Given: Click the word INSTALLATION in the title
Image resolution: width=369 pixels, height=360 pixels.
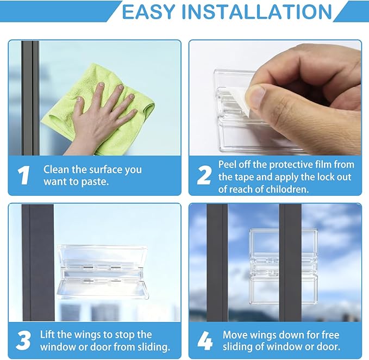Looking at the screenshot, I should [257, 11].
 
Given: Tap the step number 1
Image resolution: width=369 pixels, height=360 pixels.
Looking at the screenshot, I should [23, 176].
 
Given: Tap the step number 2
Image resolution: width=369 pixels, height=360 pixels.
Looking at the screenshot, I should [204, 176].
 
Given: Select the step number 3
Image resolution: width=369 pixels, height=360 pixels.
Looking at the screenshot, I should [23, 340].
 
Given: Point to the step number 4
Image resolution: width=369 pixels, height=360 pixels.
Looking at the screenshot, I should [204, 340].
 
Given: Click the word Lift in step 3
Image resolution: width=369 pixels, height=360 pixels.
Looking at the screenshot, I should [48, 334].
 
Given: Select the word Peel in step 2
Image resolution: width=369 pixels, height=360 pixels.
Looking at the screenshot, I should [228, 164].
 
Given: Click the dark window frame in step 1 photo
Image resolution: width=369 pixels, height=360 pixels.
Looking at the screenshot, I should [30, 98].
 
